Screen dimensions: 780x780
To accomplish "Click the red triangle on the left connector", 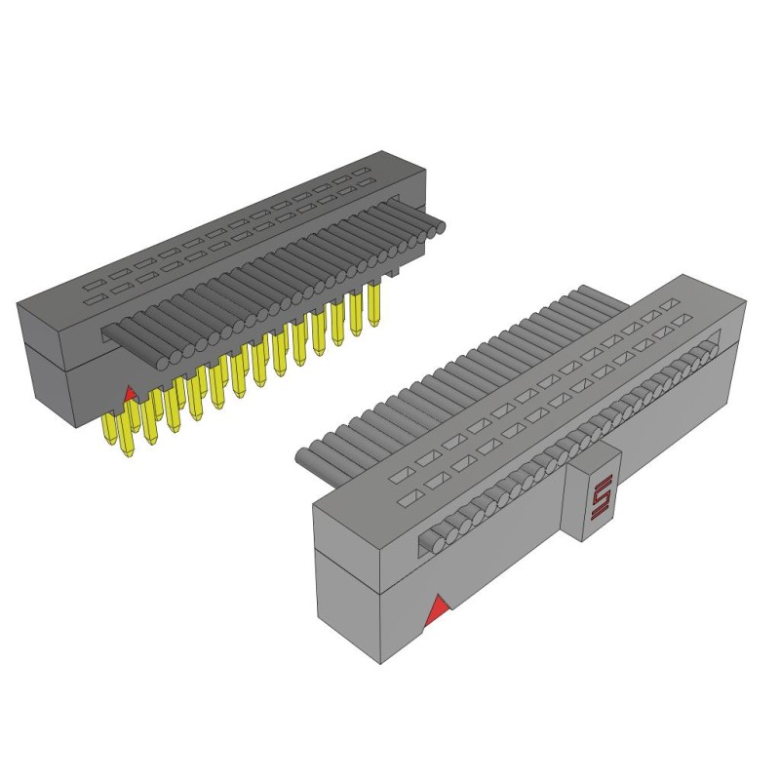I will pos(131,393).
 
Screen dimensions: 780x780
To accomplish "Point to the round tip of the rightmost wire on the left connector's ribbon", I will pos(440,228).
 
